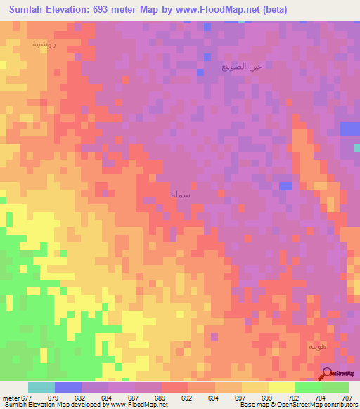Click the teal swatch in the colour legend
[x=41, y=387]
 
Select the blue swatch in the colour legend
[x=67, y=387]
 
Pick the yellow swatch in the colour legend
[x=281, y=387]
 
